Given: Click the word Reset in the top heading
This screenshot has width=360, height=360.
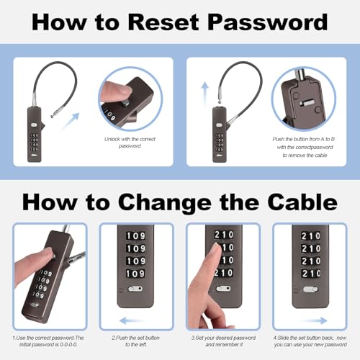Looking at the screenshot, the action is (163, 22).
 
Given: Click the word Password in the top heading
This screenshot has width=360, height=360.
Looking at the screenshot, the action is (268, 22).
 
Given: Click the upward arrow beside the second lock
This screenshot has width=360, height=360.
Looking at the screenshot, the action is (204, 94).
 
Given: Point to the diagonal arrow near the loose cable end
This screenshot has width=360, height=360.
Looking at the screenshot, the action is (70, 122).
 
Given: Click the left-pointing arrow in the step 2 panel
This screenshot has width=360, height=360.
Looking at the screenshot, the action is (132, 320).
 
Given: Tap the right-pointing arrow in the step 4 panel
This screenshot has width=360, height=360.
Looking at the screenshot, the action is (315, 320).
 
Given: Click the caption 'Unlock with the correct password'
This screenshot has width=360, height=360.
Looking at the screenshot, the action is (130, 143).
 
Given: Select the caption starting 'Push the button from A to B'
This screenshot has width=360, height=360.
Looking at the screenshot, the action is (304, 147).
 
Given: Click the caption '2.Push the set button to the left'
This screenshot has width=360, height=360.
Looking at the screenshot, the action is (135, 341).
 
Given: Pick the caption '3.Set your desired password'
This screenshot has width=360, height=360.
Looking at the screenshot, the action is (224, 341).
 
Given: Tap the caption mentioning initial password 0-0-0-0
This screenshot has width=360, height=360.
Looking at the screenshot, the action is (48, 341).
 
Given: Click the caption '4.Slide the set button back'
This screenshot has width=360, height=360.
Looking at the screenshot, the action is (310, 341).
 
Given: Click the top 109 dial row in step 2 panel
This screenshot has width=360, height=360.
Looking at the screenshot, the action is (135, 236).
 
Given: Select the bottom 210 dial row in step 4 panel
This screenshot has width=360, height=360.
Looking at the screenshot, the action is (311, 274).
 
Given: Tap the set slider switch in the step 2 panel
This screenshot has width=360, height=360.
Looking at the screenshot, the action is (135, 289).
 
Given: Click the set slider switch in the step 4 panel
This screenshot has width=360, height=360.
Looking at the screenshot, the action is (310, 289).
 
